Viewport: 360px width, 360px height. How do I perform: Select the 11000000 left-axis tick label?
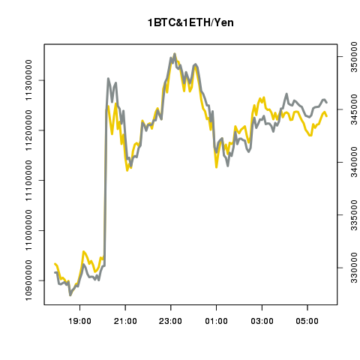[x=31, y=230]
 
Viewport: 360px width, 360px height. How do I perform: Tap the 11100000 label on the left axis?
[x=31, y=181]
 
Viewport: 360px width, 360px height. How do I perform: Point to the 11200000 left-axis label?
[x=31, y=130]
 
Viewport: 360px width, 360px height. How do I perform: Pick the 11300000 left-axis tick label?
[x=31, y=80]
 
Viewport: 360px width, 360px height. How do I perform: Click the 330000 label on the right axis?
[x=350, y=268]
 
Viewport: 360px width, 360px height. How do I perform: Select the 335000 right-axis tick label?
[x=350, y=215]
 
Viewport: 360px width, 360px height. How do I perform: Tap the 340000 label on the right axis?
[x=350, y=162]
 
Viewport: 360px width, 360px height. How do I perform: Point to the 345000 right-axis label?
[x=350, y=109]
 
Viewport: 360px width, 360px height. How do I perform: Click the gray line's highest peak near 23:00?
[x=175, y=54]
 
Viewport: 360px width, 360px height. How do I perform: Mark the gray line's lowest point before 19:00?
[x=70, y=295]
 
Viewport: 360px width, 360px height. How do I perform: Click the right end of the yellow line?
[x=327, y=116]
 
